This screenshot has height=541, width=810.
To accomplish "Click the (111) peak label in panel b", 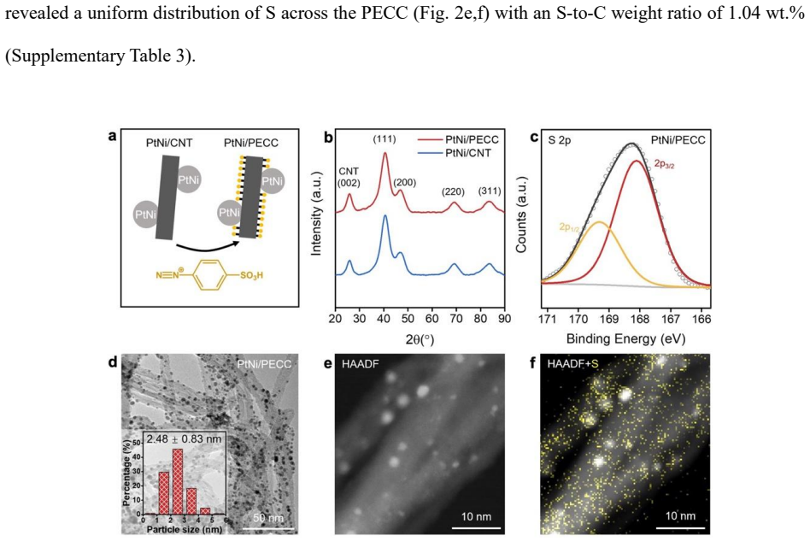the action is tap(384, 139).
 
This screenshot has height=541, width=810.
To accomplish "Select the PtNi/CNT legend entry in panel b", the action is tap(454, 153).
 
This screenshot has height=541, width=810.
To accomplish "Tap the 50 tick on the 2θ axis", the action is tap(408, 318).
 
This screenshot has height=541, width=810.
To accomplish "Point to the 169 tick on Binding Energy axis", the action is tap(609, 319).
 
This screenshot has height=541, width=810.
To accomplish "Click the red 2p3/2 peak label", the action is tap(665, 164).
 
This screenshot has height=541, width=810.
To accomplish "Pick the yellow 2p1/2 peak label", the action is tap(569, 227).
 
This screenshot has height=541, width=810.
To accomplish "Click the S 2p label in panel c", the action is tap(560, 140).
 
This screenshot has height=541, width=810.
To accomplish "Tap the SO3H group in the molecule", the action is tap(251, 275).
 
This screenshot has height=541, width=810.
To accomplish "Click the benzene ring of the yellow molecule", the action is tap(212, 274).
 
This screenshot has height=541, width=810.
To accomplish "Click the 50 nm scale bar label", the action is tap(268, 517).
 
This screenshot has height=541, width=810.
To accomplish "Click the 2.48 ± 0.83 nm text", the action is tap(184, 439).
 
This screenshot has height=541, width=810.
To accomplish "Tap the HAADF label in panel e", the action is tap(360, 364).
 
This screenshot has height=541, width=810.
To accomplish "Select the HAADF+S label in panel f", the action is tap(572, 364).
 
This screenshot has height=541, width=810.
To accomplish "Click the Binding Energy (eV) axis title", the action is tap(625, 339).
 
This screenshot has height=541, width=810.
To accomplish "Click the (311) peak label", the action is tap(490, 191).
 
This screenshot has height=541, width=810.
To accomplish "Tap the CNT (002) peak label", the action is tap(349, 177).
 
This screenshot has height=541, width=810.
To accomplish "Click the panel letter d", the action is tap(113, 362).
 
